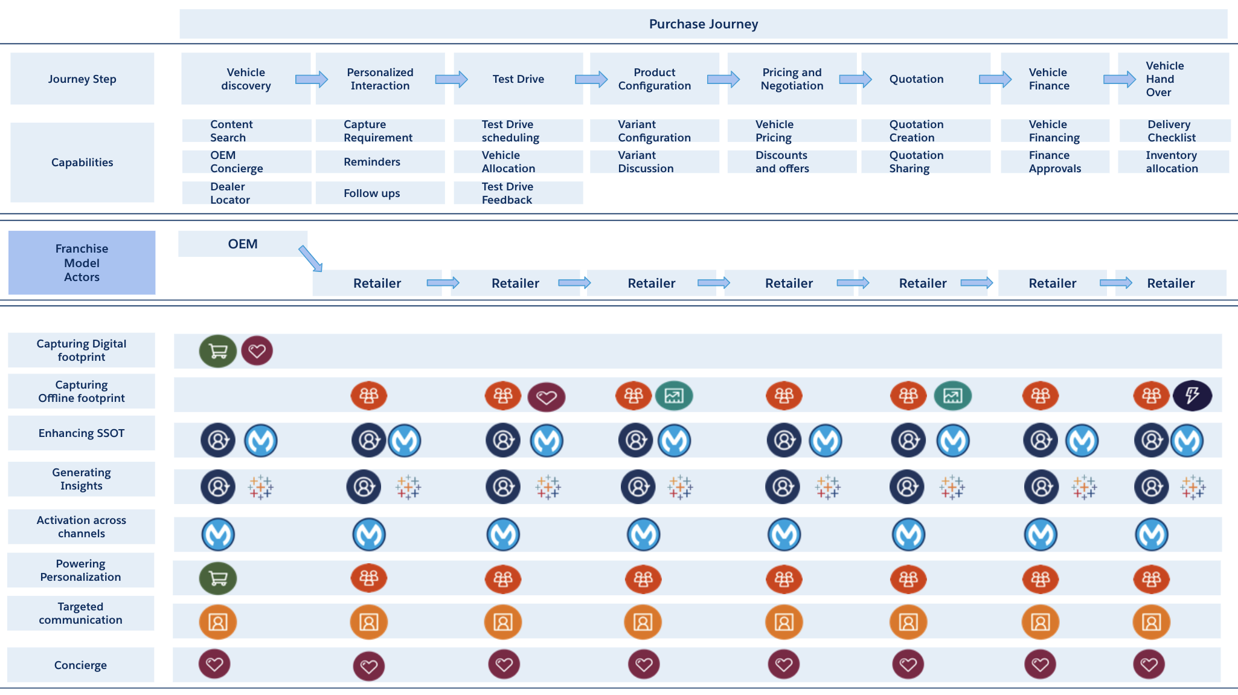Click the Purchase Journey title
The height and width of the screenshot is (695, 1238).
[703, 24]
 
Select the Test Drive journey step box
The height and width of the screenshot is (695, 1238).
[518, 79]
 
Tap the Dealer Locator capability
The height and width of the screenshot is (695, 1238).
[246, 193]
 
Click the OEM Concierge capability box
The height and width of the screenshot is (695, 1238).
[246, 162]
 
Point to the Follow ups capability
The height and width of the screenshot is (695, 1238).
[380, 193]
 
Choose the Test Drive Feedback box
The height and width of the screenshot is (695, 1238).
[518, 193]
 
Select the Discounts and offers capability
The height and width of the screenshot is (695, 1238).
[791, 162]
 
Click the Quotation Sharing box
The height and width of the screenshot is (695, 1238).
[925, 162]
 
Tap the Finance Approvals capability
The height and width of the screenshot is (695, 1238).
[1054, 162]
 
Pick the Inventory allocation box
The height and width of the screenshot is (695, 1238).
[1173, 162]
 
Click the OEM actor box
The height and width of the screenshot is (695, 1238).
[243, 244]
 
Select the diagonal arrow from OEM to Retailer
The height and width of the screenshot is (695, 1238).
[310, 259]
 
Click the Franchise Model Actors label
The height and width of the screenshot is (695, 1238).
[82, 263]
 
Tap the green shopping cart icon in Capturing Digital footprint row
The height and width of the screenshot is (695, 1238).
[218, 351]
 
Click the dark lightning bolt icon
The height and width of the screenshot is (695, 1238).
[1192, 396]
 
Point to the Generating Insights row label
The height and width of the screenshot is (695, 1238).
[82, 479]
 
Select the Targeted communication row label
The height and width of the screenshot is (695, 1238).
[81, 613]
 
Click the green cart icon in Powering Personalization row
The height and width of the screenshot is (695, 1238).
[218, 578]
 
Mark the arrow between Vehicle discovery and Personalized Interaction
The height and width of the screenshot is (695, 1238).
[311, 79]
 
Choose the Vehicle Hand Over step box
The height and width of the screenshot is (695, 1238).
[1173, 79]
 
